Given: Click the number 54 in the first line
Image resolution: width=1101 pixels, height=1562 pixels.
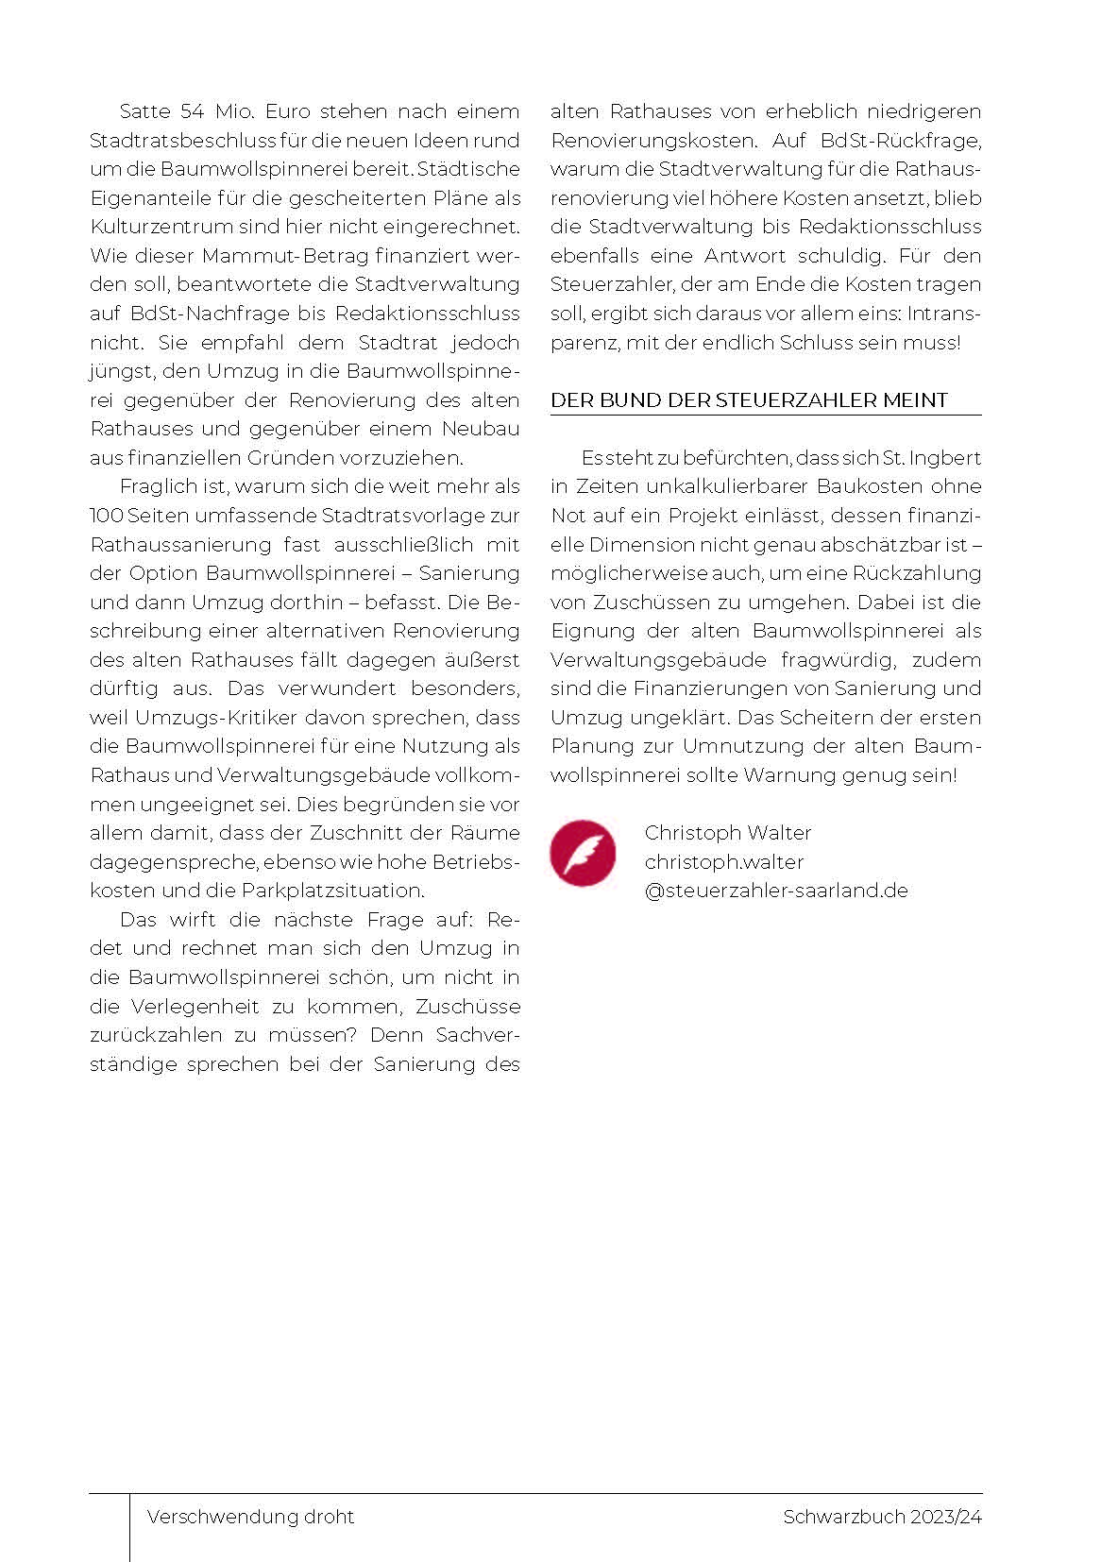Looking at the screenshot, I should [x=192, y=111].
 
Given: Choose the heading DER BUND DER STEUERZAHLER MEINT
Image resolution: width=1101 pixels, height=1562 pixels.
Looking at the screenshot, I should [x=749, y=400].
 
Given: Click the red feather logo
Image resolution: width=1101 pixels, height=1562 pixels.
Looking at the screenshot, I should [x=583, y=853].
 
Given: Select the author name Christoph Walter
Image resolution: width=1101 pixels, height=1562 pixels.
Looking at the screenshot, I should [x=728, y=833].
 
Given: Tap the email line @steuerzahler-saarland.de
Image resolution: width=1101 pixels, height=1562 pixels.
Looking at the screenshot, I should [x=776, y=891].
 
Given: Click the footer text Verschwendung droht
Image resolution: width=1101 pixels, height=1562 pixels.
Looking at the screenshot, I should [x=250, y=1517].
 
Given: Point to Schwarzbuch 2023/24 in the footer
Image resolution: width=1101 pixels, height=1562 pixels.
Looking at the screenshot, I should [x=882, y=1517].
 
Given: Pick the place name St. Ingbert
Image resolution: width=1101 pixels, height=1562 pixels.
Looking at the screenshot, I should [x=932, y=458].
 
